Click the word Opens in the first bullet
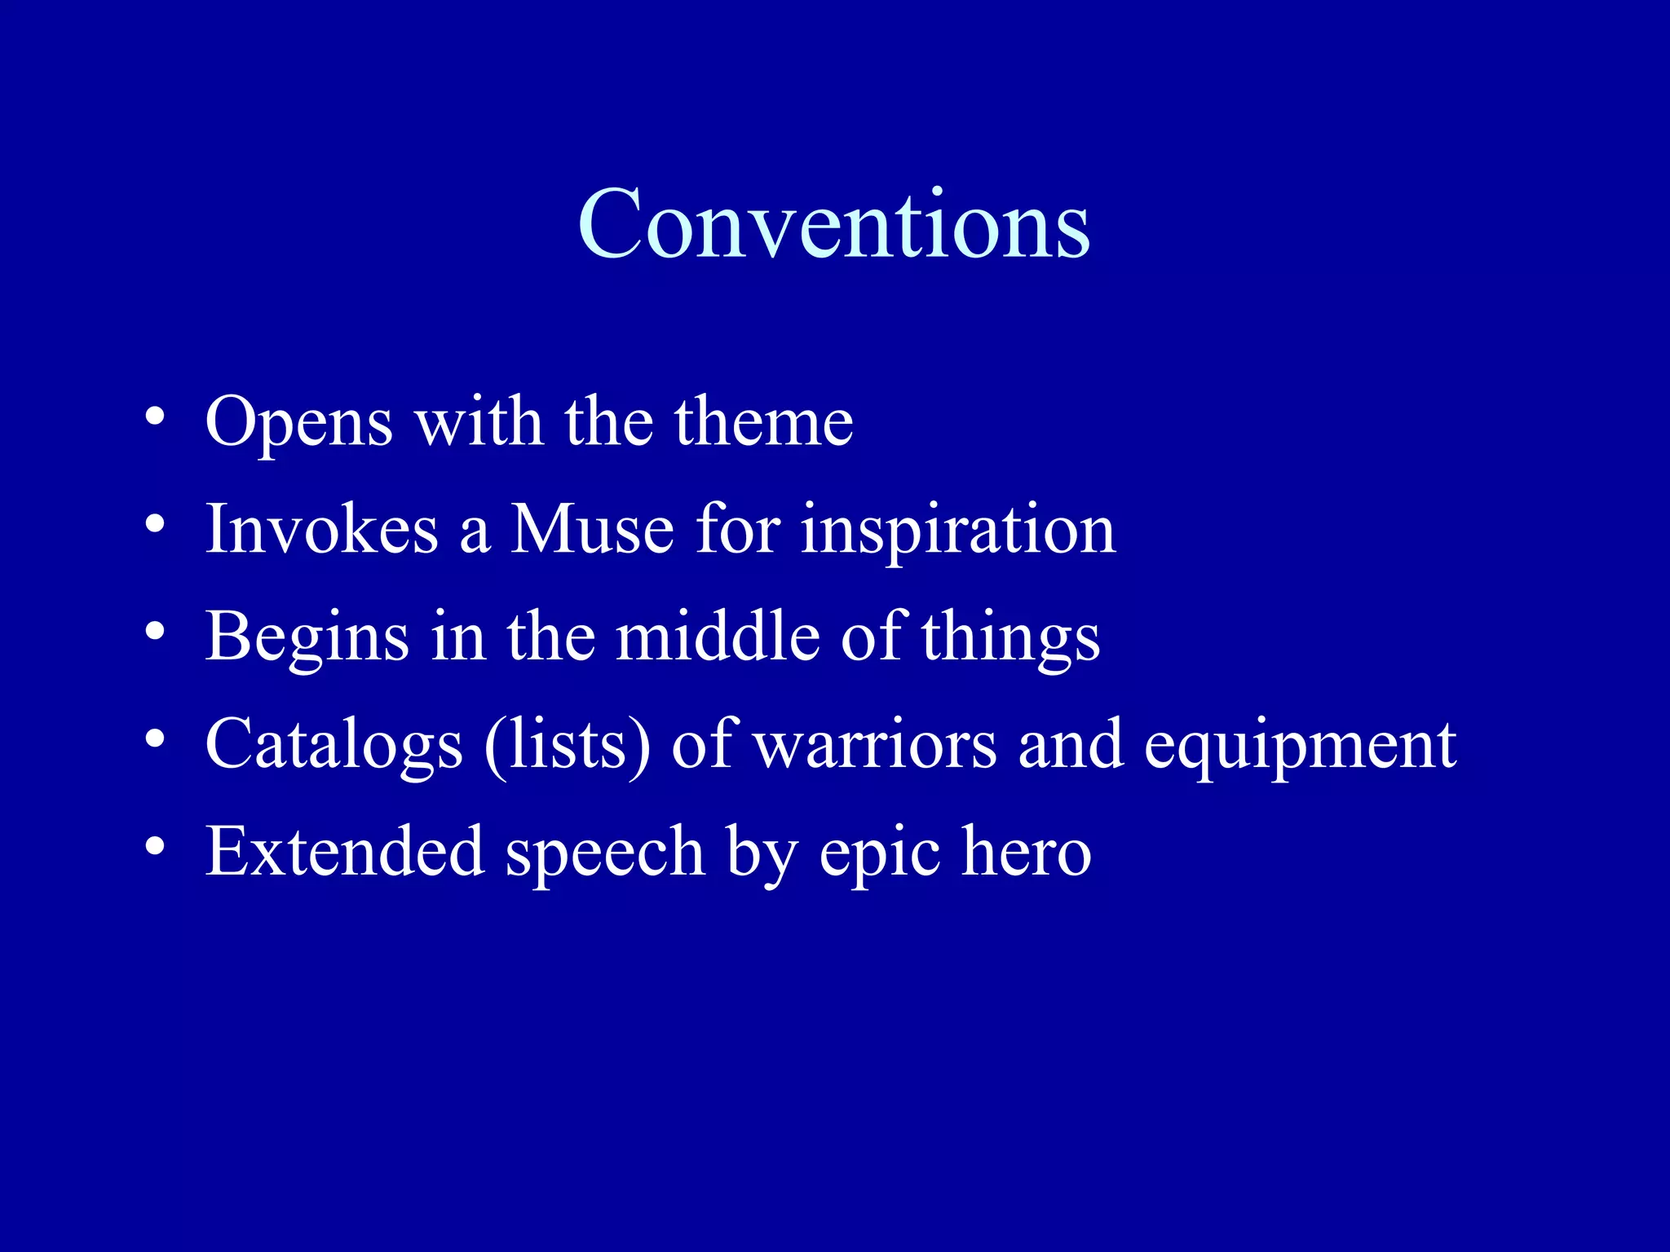coord(299,422)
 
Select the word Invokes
coord(322,529)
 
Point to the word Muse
coord(593,529)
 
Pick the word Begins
coord(307,638)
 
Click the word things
coord(1011,638)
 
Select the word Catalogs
coord(334,745)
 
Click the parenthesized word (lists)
coord(568,745)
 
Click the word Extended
coord(345,852)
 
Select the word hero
coord(1026,852)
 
